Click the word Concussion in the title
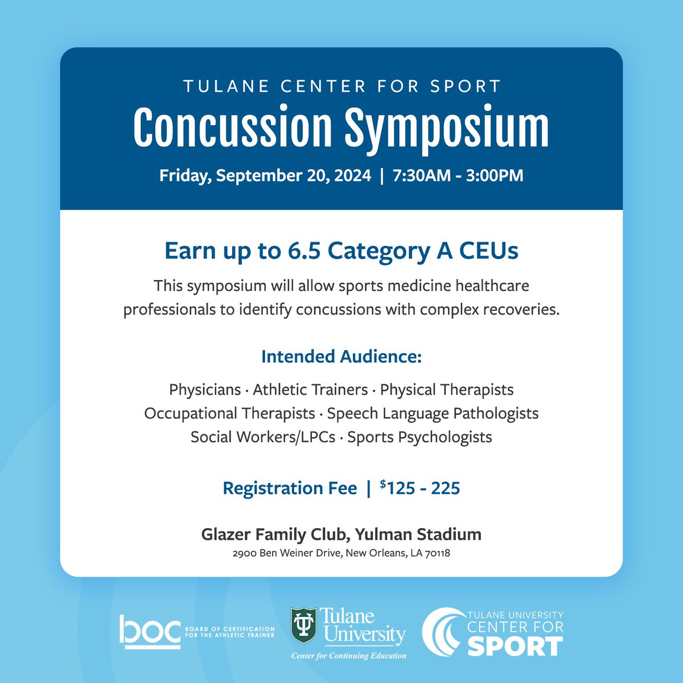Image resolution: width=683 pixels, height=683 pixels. coord(232,128)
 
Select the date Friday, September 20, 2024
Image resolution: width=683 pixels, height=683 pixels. coord(265,175)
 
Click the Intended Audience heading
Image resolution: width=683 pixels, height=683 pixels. coord(341,357)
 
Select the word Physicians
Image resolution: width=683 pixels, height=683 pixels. coord(205,390)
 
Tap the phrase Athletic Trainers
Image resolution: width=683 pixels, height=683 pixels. coord(310,390)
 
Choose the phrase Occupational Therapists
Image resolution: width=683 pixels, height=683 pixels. coord(229,413)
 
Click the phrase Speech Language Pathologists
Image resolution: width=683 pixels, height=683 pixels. coord(433,413)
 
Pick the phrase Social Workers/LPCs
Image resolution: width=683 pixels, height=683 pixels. coord(263,437)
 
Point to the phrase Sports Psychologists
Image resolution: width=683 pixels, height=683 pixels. coord(419,437)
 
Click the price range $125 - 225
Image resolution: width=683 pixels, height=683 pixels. coord(420,488)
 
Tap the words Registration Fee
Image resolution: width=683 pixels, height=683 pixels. coord(290,488)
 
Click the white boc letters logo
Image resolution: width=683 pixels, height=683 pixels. coord(149,631)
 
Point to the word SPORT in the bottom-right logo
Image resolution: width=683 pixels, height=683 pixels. coord(515,647)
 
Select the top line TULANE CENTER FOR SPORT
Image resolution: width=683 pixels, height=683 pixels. coord(341,87)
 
